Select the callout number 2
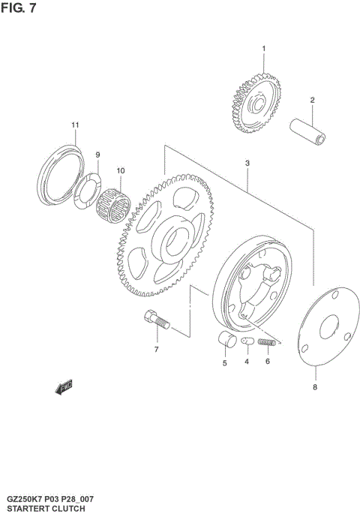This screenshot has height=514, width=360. [312, 101]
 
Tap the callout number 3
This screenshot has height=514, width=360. [247, 163]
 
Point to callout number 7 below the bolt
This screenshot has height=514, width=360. [157, 350]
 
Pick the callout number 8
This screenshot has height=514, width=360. [315, 387]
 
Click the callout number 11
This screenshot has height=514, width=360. [75, 125]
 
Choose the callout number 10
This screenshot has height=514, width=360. [120, 170]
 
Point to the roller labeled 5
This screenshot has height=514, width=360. [225, 339]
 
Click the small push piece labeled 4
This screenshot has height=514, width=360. [246, 342]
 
